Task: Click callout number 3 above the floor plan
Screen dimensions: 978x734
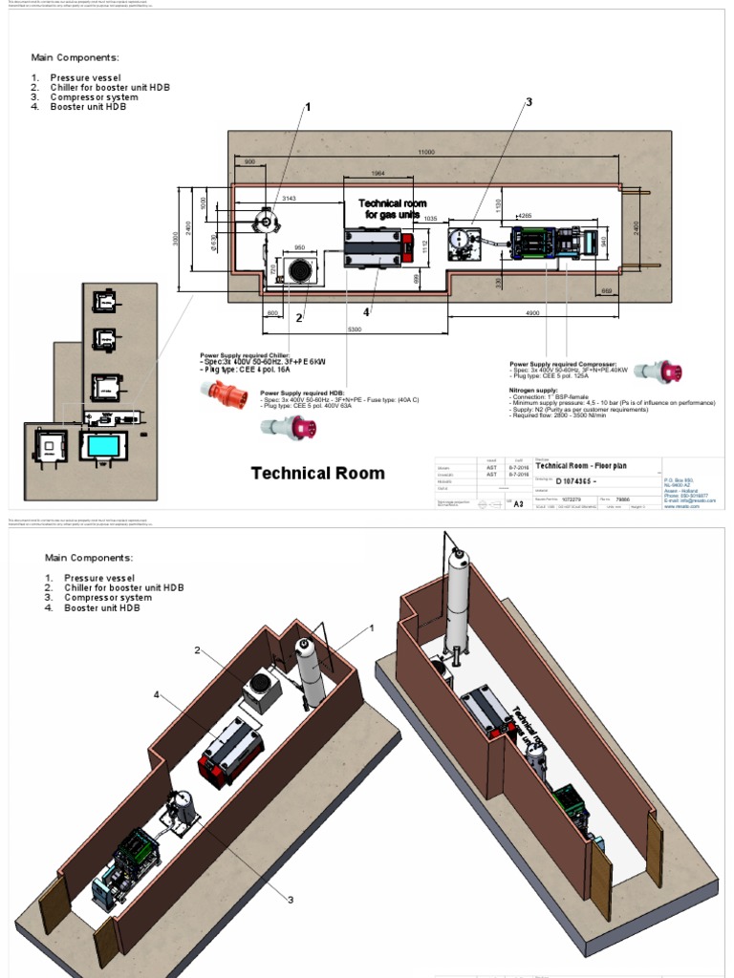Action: (x=528, y=102)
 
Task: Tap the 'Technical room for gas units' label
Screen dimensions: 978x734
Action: (x=392, y=209)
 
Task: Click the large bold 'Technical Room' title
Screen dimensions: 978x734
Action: (x=317, y=473)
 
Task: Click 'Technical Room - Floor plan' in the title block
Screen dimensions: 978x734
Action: (x=584, y=465)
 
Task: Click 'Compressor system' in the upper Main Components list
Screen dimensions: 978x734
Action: (x=95, y=96)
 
